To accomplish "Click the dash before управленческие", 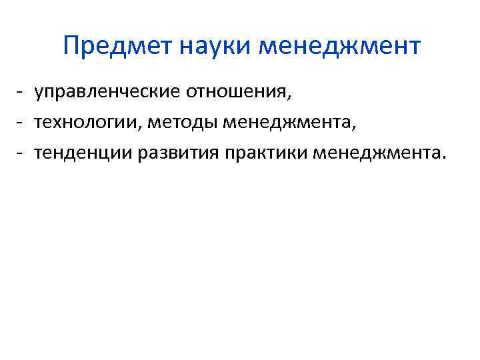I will (22, 91).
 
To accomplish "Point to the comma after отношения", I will (290, 97).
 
